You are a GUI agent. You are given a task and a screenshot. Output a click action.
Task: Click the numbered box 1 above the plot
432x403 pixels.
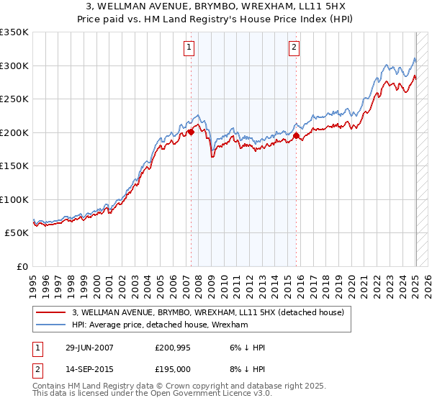pos(189,47)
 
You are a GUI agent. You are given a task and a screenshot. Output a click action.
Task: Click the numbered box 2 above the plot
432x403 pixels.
pos(294,47)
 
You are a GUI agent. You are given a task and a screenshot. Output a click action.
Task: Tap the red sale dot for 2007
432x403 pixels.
pos(192,132)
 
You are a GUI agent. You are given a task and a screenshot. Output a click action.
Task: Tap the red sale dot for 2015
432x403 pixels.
pos(296,135)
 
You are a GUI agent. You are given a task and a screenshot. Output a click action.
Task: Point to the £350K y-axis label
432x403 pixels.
pos(14,32)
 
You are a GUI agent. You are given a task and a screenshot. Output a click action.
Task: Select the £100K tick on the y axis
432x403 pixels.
pos(14,199)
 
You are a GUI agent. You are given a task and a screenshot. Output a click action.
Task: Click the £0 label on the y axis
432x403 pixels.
pos(22,266)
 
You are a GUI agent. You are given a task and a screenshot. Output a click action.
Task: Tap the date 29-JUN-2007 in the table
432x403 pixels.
pos(89,348)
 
